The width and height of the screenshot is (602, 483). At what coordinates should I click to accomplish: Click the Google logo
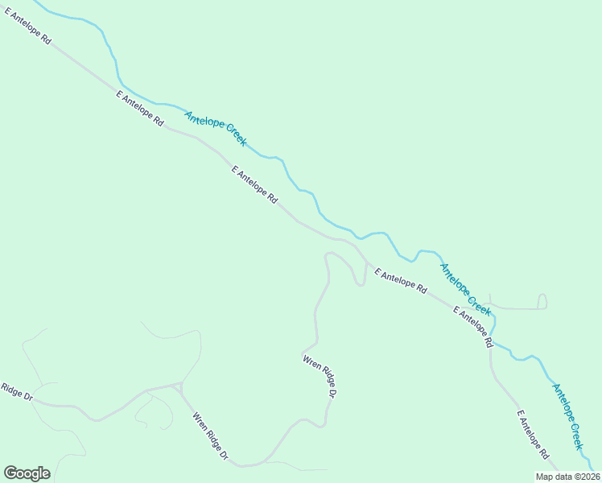tap(27, 473)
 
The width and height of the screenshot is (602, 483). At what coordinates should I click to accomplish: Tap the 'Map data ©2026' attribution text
tap(567, 477)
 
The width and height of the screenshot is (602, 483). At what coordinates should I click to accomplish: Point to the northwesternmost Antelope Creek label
tap(215, 128)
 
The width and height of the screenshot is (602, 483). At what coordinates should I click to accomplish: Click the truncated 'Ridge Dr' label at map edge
tap(16, 392)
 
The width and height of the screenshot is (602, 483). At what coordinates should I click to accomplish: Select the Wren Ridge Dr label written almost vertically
tap(320, 376)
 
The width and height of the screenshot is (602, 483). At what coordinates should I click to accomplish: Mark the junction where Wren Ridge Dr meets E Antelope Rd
tap(368, 265)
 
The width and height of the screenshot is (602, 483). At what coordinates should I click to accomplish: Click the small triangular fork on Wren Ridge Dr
tap(178, 387)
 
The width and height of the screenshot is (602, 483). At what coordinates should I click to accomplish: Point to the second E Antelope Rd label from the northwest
tap(140, 108)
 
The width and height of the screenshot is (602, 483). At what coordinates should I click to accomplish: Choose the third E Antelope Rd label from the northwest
tap(254, 184)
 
